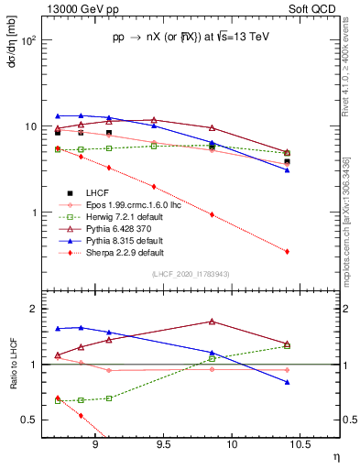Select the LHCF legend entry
click(99, 192)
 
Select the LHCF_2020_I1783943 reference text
click(191, 274)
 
